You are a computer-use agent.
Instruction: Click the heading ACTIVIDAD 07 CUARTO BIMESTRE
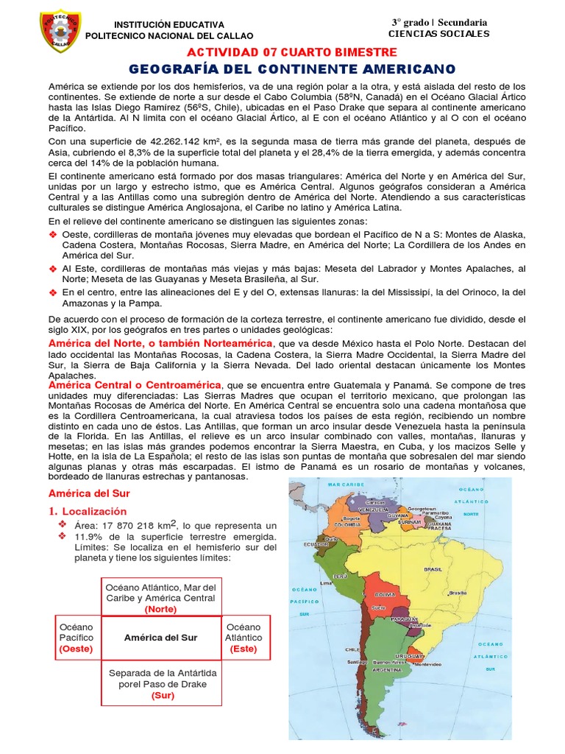(292, 52)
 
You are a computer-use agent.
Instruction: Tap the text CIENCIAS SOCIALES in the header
(438, 34)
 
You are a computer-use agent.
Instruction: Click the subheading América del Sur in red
(83, 493)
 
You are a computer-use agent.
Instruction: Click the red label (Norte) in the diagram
(160, 609)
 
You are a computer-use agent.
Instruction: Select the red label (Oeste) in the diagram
(75, 649)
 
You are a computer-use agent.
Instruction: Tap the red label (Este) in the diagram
(243, 649)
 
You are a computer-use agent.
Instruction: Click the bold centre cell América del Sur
(160, 638)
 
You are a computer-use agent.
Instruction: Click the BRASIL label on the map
(433, 569)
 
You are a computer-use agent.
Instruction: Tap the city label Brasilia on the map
(458, 592)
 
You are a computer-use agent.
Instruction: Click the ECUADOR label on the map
(316, 544)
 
